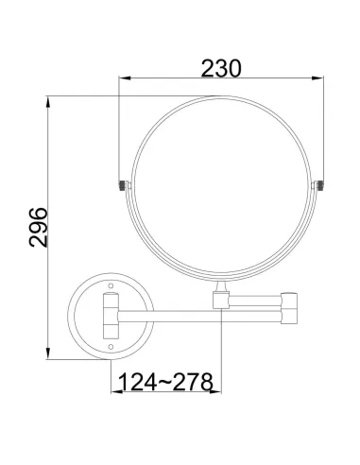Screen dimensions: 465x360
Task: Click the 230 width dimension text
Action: tap(220, 69)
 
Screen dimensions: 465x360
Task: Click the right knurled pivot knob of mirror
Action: tap(321, 184)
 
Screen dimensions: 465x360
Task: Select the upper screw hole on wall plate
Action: tap(110, 283)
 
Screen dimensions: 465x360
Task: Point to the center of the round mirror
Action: tap(221, 185)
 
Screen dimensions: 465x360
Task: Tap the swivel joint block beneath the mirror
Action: tap(221, 301)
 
